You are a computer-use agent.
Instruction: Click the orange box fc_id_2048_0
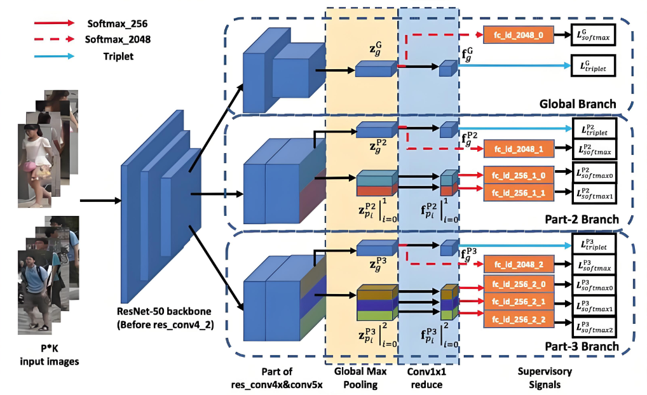pos(519,35)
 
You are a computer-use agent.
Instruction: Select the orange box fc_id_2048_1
pos(519,149)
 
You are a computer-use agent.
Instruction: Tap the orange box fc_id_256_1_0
pos(519,175)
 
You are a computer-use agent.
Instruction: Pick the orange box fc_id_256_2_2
pos(519,319)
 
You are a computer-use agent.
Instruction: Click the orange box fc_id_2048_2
pos(519,264)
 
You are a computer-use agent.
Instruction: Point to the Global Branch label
pos(578,104)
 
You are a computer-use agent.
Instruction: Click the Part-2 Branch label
pos(582,219)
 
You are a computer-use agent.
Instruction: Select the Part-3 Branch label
pos(582,346)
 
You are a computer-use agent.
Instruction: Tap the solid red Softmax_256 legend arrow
pos(55,23)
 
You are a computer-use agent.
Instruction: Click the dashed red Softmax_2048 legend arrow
pos(55,39)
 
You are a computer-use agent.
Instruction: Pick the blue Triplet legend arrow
pos(55,56)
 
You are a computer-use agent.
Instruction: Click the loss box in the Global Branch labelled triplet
pos(594,66)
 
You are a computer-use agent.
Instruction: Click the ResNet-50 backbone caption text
pos(165,318)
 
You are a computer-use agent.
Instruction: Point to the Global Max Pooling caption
pos(360,378)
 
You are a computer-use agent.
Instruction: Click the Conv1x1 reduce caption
pos(426,378)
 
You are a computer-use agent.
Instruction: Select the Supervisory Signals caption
pos(545,378)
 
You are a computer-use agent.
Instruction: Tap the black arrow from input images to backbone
pos(100,201)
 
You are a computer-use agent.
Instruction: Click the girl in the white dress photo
pos(35,166)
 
